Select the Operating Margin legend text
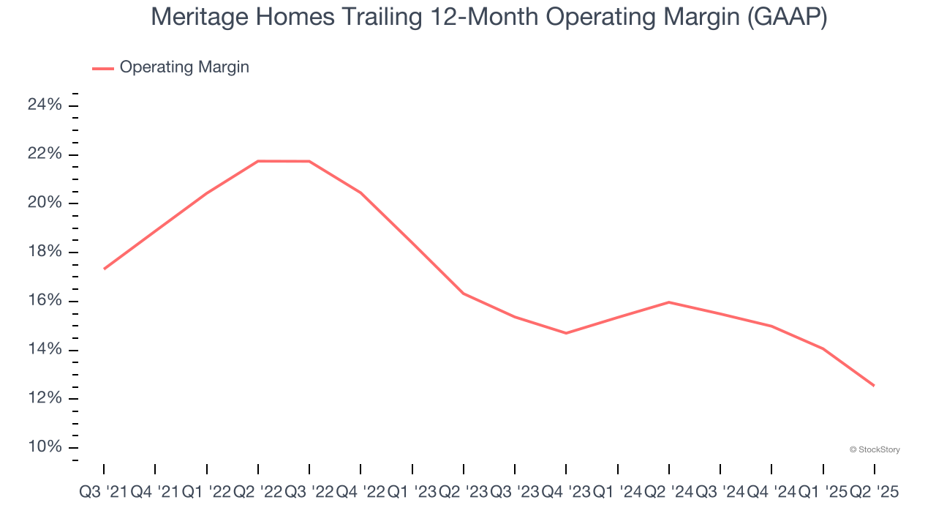tap(184, 67)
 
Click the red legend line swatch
tap(102, 68)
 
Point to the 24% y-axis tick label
tap(45, 105)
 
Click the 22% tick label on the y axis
tap(45, 154)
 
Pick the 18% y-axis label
tap(45, 253)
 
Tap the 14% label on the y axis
tap(45, 350)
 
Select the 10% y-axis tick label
tap(45, 448)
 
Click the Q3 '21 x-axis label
tap(102, 493)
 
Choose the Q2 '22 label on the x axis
tap(257, 493)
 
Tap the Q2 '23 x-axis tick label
tap(463, 493)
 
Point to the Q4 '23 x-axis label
tap(566, 493)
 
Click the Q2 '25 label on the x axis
tap(874, 493)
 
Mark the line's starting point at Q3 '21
tap(104, 269)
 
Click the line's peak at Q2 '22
tap(258, 161)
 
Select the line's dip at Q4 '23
tap(566, 333)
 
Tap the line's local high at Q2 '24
tap(669, 302)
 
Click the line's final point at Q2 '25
tap(874, 386)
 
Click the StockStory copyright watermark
tap(875, 449)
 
